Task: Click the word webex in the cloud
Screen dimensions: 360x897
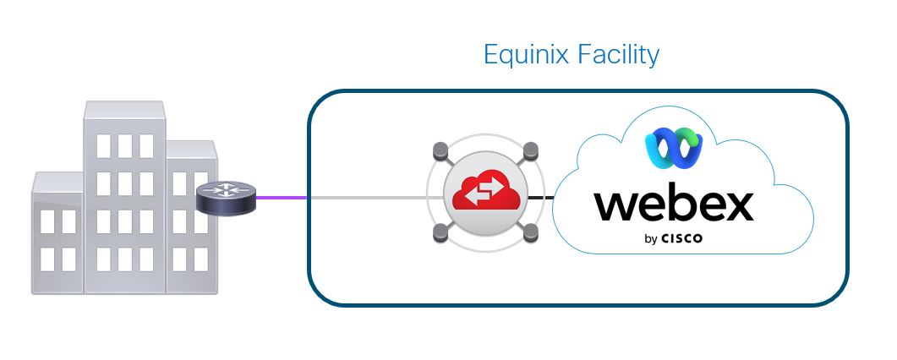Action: [673, 204]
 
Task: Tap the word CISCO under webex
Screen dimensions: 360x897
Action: [682, 239]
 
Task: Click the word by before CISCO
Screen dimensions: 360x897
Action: [651, 240]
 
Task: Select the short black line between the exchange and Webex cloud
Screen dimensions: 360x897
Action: [543, 199]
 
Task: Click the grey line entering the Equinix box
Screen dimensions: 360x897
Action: [364, 199]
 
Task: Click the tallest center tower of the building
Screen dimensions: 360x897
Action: [123, 203]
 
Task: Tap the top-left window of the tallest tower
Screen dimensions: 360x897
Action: [103, 145]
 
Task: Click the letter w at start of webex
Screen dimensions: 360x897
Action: [616, 205]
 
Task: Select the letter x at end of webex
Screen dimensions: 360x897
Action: [735, 205]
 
